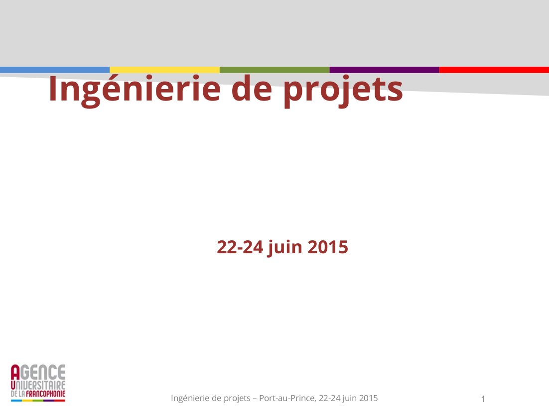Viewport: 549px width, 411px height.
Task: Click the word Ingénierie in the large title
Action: tap(135, 89)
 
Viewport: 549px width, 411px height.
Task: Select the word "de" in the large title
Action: tap(252, 89)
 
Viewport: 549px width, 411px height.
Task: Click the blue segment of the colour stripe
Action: tap(55, 70)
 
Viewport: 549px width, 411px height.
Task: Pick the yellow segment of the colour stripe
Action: tap(164, 70)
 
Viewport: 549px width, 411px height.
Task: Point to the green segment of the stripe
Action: tap(274, 70)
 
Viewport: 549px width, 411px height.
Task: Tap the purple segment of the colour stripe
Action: tap(384, 70)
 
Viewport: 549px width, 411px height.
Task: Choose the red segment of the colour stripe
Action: tap(494, 70)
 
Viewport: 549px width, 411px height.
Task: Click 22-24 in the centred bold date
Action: tap(240, 247)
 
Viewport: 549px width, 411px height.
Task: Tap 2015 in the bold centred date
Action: tap(328, 247)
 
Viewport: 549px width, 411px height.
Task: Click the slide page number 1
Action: tap(483, 399)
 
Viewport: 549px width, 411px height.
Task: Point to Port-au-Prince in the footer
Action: tap(287, 398)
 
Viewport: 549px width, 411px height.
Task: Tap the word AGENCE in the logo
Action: tap(38, 372)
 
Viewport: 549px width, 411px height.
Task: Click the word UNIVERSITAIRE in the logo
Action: tap(38, 385)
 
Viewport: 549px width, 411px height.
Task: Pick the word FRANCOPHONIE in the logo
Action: tap(45, 394)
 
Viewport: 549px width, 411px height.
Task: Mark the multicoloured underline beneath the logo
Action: tap(38, 401)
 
